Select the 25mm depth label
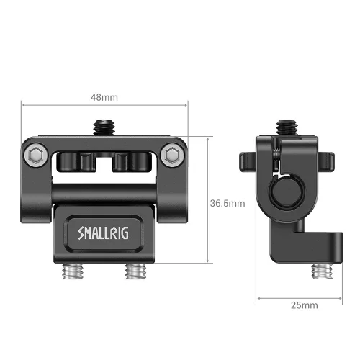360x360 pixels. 303,305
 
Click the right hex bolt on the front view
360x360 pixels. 171,156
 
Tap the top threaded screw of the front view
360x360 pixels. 104,127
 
